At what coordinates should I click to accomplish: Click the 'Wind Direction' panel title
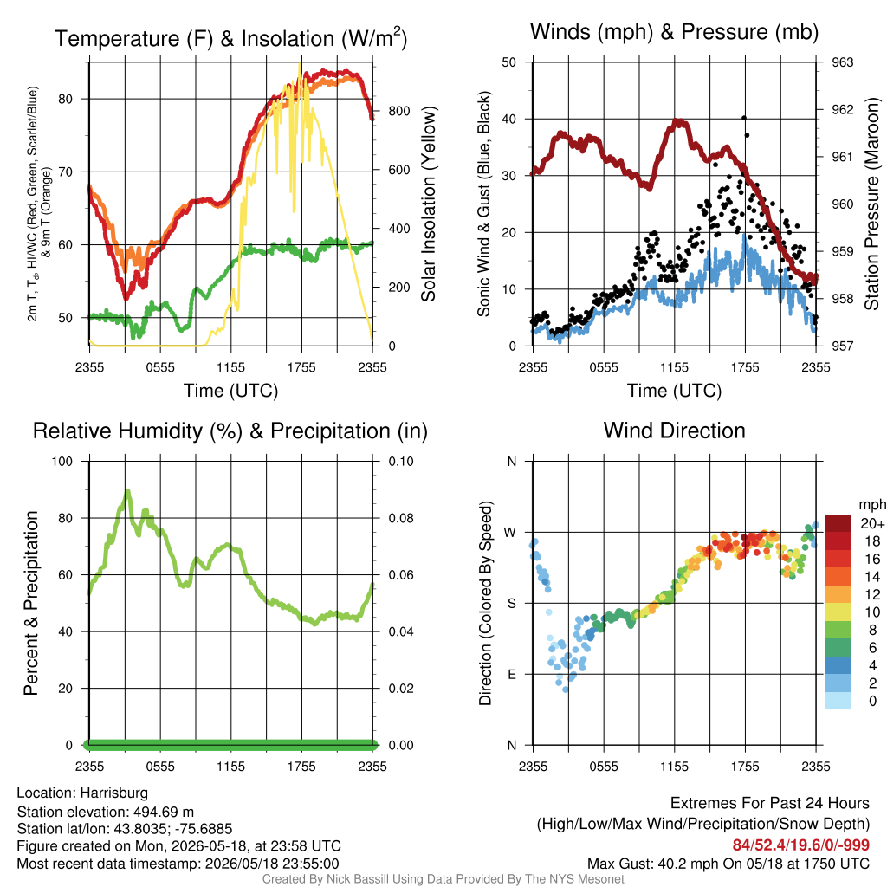(x=674, y=431)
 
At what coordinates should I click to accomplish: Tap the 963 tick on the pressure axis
(x=842, y=62)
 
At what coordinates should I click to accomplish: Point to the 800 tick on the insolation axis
(x=398, y=111)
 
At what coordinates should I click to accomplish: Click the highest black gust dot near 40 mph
(x=744, y=118)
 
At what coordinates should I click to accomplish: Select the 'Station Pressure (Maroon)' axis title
(x=871, y=204)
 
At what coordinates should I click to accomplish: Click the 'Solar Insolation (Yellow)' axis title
(x=428, y=204)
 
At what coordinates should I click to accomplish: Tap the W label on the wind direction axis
(x=510, y=533)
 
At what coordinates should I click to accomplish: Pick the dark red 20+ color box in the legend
(x=838, y=523)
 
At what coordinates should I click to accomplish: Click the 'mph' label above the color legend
(x=872, y=505)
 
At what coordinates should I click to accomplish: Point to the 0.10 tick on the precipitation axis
(x=400, y=462)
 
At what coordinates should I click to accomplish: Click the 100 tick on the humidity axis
(x=62, y=462)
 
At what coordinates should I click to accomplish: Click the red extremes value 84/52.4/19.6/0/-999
(x=801, y=845)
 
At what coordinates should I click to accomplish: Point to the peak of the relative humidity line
(x=128, y=491)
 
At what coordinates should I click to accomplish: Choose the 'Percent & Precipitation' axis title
(x=31, y=603)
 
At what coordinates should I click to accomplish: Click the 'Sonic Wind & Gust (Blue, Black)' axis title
(x=483, y=204)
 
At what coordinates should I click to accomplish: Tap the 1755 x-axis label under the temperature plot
(x=301, y=367)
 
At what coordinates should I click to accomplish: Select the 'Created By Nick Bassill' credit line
(x=443, y=879)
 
